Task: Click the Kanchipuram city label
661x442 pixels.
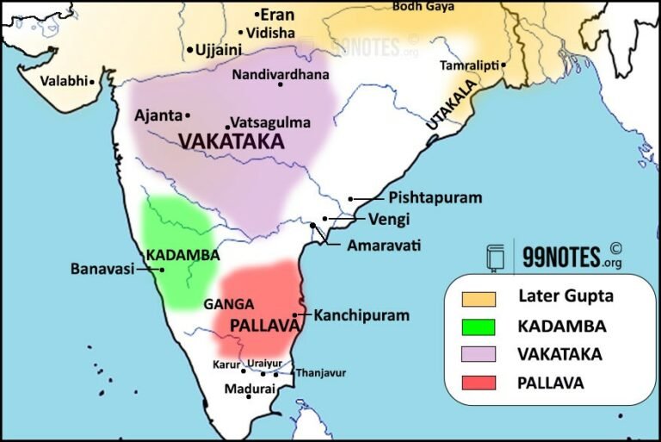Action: (361, 315)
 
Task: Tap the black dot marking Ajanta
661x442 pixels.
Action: (188, 115)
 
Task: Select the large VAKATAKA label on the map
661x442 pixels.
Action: (231, 141)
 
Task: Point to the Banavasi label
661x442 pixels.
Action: (102, 269)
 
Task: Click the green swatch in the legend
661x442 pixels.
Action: (479, 326)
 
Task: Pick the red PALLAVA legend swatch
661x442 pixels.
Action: (479, 383)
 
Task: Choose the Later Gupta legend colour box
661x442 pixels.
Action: (479, 298)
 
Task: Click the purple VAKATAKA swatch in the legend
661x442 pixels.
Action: (479, 354)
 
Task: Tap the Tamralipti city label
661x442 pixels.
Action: (470, 65)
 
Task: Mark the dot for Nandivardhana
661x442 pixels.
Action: (280, 84)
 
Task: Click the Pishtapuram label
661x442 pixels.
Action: (435, 197)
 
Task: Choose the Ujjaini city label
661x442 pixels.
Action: (219, 50)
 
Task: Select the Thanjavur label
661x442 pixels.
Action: (320, 373)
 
